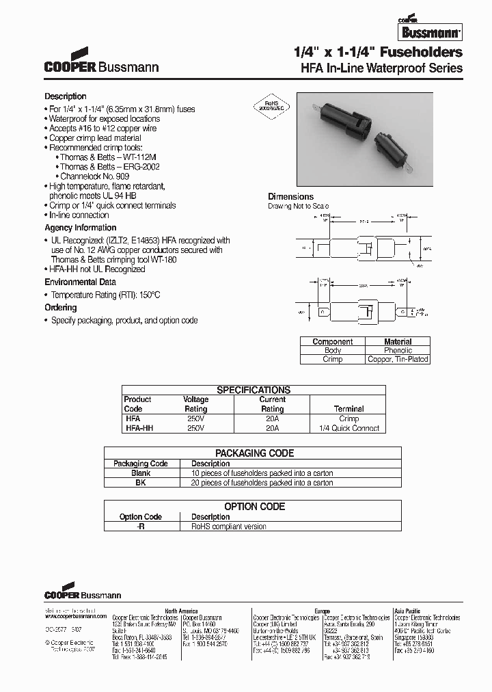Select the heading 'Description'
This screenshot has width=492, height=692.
[66, 96]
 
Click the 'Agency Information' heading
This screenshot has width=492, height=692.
[81, 228]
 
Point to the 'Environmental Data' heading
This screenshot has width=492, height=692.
[80, 282]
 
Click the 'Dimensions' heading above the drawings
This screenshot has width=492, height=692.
[290, 196]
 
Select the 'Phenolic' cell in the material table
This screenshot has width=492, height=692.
[398, 350]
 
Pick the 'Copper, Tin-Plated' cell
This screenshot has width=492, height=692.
[398, 359]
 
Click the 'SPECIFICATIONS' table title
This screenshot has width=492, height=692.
[254, 390]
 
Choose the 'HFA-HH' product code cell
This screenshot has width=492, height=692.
[139, 428]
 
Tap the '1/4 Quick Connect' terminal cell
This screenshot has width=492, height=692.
[348, 428]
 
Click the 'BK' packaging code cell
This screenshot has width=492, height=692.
[141, 482]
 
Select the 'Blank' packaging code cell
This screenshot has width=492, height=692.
[141, 473]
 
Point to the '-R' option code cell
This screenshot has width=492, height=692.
[141, 527]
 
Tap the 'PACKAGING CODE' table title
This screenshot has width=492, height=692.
[254, 453]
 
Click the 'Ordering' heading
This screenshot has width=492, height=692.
[61, 308]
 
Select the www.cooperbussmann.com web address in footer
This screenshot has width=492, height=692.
[75, 616]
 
